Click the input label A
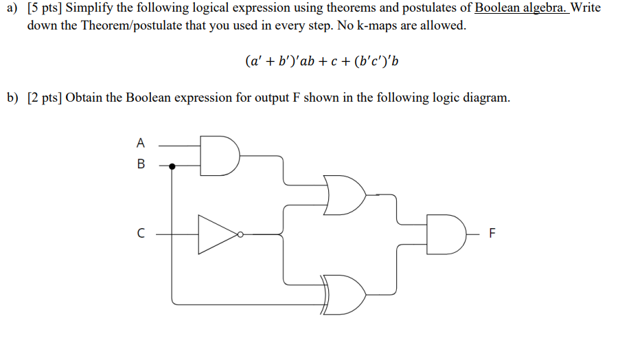click(x=141, y=144)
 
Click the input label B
click(x=141, y=165)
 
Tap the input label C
click(x=141, y=234)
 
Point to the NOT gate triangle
click(x=216, y=234)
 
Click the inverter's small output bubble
click(x=240, y=234)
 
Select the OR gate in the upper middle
click(x=345, y=195)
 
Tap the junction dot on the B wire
click(x=172, y=166)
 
